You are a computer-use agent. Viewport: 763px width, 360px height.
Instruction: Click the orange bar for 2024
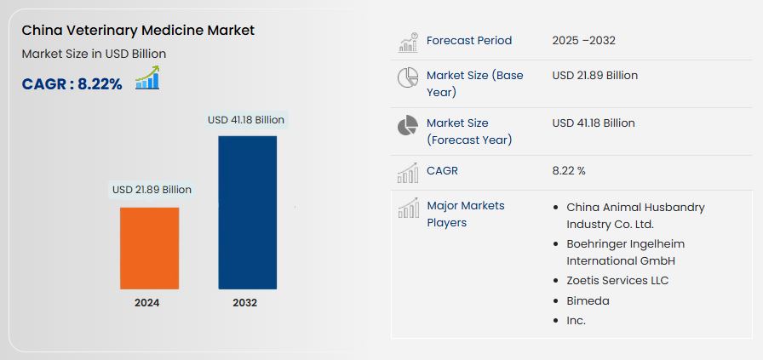point(149,249)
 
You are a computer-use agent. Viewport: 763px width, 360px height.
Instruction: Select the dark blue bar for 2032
point(247,213)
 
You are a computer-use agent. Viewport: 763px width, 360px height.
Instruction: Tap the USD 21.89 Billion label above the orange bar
point(152,190)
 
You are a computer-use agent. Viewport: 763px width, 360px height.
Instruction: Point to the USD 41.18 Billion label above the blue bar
point(246,120)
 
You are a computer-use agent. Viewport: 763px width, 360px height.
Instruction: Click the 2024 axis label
point(147,303)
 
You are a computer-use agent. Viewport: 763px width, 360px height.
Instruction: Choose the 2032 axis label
point(244,303)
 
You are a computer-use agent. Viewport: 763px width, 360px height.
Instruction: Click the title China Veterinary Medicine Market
point(138,31)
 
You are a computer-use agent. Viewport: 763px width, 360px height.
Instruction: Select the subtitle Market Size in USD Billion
point(94,54)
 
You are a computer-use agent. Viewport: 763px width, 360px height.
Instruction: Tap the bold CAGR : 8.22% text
point(72,84)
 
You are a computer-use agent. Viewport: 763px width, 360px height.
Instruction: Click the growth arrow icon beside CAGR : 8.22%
point(147,77)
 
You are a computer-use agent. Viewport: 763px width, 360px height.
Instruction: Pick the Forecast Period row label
point(469,40)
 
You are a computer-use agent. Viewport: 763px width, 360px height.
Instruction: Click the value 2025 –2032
point(584,40)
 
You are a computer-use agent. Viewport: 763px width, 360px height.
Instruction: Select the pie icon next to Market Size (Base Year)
point(408,77)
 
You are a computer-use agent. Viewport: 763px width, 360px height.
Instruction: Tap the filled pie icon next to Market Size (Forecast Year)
point(408,125)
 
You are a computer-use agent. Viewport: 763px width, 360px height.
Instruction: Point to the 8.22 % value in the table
point(569,171)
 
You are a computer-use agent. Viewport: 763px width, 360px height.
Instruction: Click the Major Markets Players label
point(466,214)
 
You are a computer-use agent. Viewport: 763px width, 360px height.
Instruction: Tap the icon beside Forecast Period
point(408,43)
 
